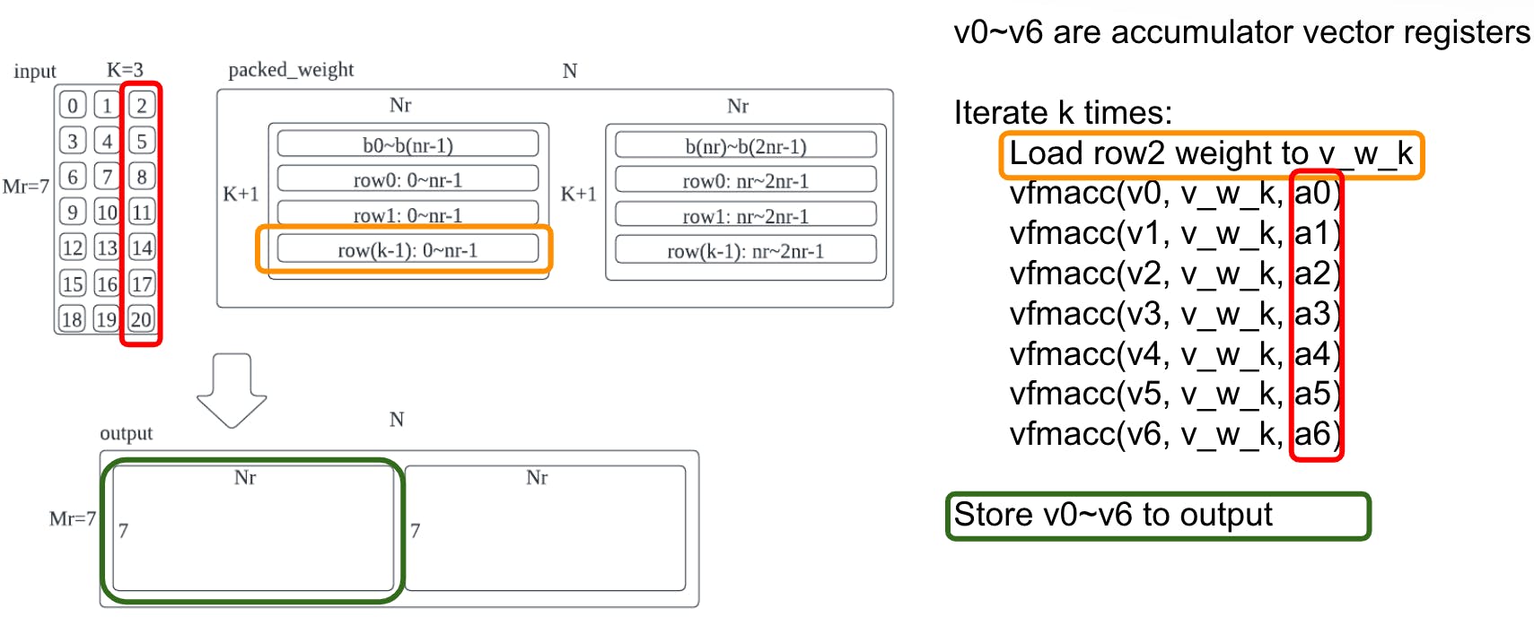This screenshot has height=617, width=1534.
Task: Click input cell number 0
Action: click(x=73, y=105)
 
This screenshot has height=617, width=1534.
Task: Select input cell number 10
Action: click(x=107, y=213)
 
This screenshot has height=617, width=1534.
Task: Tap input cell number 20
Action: click(x=141, y=319)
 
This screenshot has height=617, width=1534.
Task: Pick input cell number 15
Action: click(x=73, y=284)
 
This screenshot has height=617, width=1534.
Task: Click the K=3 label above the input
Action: click(x=125, y=70)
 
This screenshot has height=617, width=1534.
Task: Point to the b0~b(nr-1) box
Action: click(x=408, y=144)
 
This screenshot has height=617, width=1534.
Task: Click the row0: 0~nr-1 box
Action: click(x=408, y=179)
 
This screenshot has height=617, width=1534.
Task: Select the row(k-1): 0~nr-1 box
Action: click(x=408, y=249)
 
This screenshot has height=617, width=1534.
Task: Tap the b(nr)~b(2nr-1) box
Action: click(x=745, y=145)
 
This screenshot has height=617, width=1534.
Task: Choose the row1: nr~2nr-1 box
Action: click(x=745, y=216)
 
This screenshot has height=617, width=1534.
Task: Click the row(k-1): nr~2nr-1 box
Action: click(x=745, y=251)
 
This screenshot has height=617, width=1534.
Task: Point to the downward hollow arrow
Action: click(x=232, y=390)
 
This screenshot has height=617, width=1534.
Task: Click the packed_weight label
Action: click(x=291, y=70)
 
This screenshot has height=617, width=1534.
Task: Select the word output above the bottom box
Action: click(x=127, y=433)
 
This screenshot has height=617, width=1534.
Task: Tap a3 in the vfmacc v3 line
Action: click(x=1311, y=314)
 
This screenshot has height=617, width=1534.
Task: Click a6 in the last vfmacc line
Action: click(x=1311, y=434)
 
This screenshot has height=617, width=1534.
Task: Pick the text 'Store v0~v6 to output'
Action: click(x=1113, y=515)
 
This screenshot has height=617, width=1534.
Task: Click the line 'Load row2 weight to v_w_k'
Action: click(x=1211, y=153)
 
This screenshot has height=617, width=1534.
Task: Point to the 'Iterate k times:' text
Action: click(x=1063, y=113)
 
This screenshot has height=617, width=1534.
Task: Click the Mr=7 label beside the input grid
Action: click(x=26, y=187)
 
